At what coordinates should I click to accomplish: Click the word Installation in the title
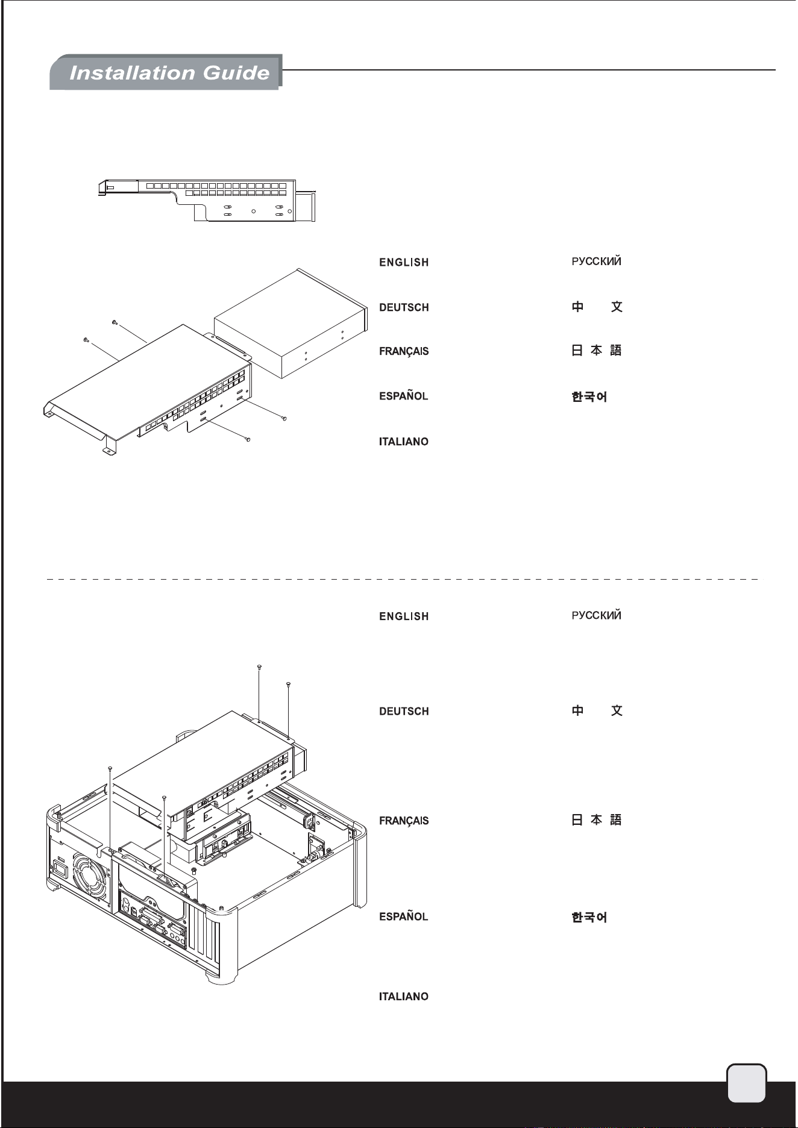[133, 73]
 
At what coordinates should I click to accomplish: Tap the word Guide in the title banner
[236, 73]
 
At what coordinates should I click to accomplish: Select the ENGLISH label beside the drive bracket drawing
[404, 262]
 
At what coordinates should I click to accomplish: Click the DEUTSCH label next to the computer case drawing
[404, 711]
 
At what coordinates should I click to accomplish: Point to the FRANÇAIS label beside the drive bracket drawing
[404, 351]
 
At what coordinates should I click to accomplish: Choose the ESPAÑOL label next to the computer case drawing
[404, 916]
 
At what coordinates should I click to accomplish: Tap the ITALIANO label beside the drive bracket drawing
[404, 442]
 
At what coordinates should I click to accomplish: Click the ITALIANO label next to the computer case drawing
[404, 997]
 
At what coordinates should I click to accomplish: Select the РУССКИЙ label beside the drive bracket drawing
[596, 262]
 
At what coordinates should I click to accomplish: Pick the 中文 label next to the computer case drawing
[597, 710]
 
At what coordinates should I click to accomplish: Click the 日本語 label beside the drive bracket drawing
[596, 350]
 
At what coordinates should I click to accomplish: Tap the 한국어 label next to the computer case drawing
[589, 917]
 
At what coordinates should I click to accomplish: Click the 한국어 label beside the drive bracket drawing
[589, 397]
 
